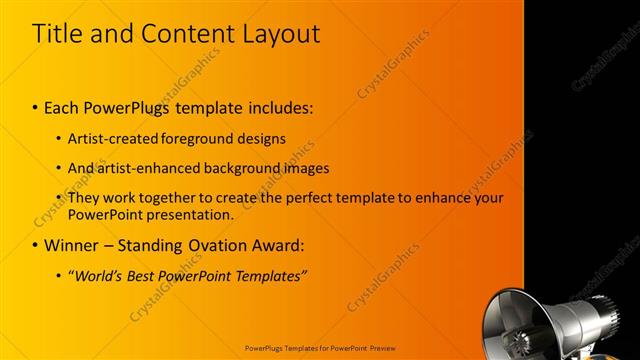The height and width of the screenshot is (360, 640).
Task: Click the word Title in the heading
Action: [58, 33]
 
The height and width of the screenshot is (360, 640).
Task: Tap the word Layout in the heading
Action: [280, 33]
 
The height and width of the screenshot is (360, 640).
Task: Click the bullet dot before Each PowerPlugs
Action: [36, 106]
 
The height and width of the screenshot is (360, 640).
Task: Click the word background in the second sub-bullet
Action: [235, 168]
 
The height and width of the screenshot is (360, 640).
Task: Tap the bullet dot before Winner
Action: [36, 245]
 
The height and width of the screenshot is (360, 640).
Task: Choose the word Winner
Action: [73, 245]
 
